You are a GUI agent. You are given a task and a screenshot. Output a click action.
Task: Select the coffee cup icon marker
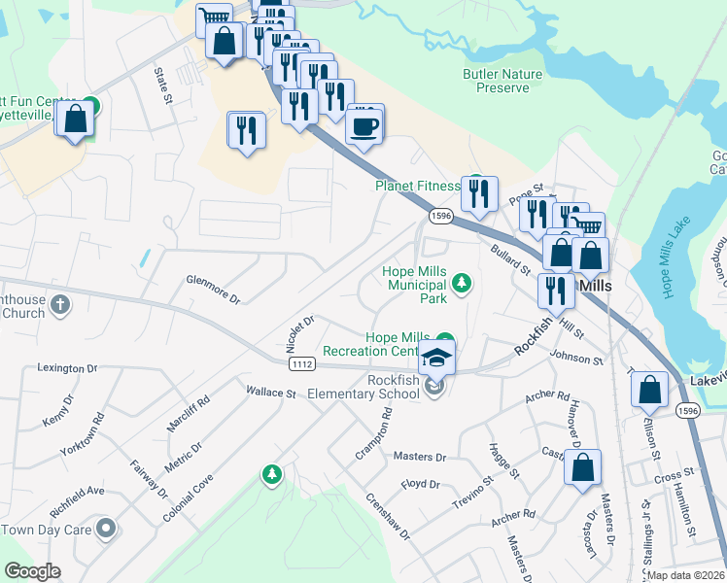364,125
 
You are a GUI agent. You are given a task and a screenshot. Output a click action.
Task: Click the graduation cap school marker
437,357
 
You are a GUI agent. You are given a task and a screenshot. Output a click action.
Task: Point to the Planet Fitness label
417,186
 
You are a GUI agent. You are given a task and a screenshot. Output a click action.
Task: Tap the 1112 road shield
300,363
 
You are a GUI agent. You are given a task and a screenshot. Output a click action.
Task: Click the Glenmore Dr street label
213,288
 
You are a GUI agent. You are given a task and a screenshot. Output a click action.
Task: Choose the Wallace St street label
270,394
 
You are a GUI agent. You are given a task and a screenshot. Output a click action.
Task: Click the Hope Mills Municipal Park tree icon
463,284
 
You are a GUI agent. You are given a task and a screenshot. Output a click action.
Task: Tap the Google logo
32,571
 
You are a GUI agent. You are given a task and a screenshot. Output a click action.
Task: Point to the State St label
162,85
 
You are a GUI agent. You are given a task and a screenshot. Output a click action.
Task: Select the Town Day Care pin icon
106,530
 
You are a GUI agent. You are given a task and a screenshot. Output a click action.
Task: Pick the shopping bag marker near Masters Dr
582,467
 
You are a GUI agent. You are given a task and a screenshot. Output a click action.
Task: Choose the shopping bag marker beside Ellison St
649,390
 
